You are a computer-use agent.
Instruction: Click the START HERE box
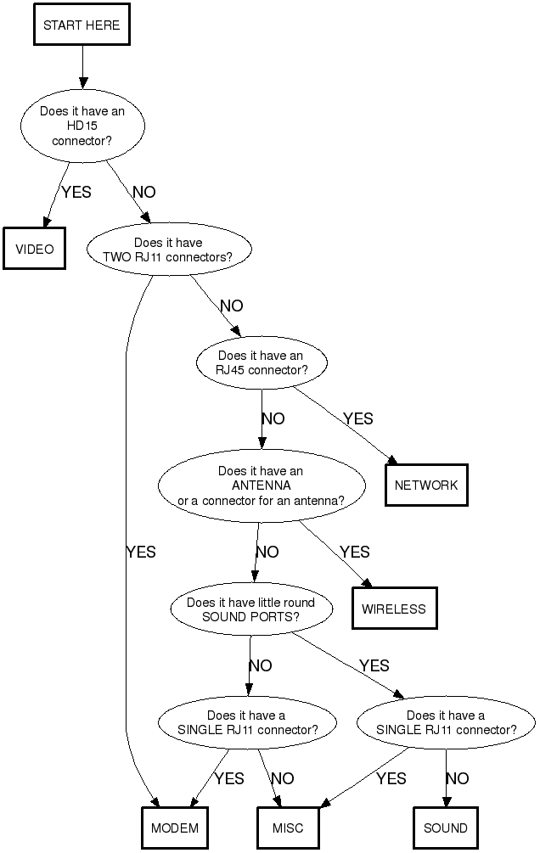pyautogui.click(x=82, y=25)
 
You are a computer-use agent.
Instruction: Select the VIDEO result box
pyautogui.click(x=35, y=249)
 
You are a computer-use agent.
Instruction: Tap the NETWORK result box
pyautogui.click(x=426, y=485)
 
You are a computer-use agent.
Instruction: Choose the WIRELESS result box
pyautogui.click(x=395, y=609)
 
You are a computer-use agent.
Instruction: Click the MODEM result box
pyautogui.click(x=175, y=828)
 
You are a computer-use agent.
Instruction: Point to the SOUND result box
pyautogui.click(x=445, y=828)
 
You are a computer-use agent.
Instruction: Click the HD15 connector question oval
pyautogui.click(x=82, y=126)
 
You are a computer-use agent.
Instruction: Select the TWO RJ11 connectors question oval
pyautogui.click(x=168, y=250)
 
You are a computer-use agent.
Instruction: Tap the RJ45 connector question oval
pyautogui.click(x=262, y=363)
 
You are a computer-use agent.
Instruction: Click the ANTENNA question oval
pyautogui.click(x=262, y=485)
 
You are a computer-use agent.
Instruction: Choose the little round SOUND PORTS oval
pyautogui.click(x=250, y=609)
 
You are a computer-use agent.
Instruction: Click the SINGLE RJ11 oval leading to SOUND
pyautogui.click(x=446, y=722)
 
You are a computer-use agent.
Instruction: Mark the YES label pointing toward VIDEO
pyautogui.click(x=76, y=193)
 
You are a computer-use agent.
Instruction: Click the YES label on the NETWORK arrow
pyautogui.click(x=357, y=418)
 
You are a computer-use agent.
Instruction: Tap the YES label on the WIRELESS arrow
pyautogui.click(x=355, y=552)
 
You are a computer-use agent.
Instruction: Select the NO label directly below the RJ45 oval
pyautogui.click(x=273, y=418)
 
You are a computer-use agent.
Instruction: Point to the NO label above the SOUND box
pyautogui.click(x=458, y=778)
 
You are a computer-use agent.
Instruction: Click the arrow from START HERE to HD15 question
pyautogui.click(x=83, y=68)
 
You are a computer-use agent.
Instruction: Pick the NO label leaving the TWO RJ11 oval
pyautogui.click(x=231, y=306)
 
